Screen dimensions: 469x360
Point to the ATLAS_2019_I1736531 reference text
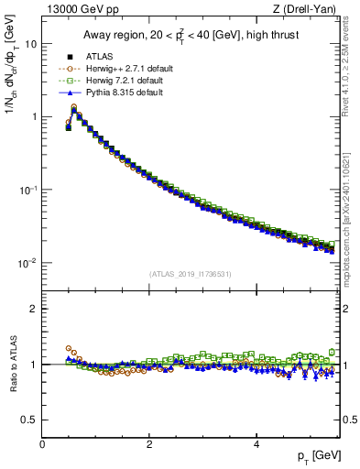[190, 274]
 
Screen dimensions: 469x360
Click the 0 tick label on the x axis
[42, 444]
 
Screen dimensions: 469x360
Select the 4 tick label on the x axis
[256, 444]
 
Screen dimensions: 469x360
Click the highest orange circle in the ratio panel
[69, 348]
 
